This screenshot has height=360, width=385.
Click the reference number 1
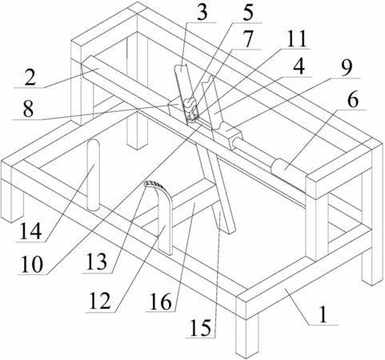(323, 314)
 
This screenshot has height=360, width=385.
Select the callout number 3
(202, 12)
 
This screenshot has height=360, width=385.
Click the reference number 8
(28, 109)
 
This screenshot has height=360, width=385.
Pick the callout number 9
(347, 67)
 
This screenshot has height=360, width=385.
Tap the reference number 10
(32, 264)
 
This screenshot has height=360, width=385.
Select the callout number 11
(296, 38)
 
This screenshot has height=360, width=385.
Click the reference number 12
(99, 301)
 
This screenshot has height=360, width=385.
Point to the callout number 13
(97, 262)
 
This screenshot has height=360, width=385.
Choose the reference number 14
(31, 230)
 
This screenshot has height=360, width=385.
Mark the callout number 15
(201, 327)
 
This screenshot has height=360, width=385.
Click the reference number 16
(160, 302)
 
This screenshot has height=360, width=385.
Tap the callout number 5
(248, 13)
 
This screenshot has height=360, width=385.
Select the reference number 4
(299, 66)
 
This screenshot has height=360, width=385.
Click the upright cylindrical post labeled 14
(94, 175)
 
